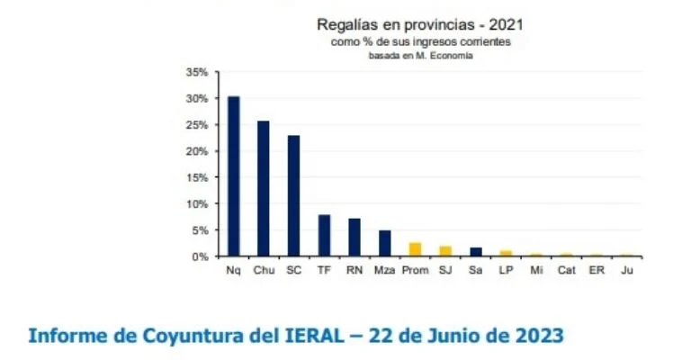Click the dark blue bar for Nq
click(x=234, y=176)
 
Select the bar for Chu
click(x=264, y=189)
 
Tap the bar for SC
click(x=293, y=196)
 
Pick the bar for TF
click(x=324, y=236)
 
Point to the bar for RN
click(x=354, y=238)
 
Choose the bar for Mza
click(x=384, y=243)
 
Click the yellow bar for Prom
click(x=415, y=249)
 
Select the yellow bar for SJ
click(x=445, y=251)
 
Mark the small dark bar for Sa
click(x=475, y=252)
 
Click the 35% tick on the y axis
click(x=197, y=72)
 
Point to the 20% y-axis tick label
click(x=197, y=151)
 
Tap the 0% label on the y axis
click(x=200, y=256)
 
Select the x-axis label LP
click(x=506, y=269)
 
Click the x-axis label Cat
click(x=566, y=269)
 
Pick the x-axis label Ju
click(x=627, y=269)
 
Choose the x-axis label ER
click(x=597, y=269)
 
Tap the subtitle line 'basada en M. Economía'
click(x=420, y=56)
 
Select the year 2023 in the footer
click(x=534, y=336)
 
